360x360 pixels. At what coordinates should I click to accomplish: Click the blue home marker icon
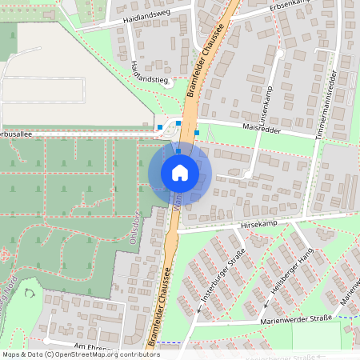coord(180,172)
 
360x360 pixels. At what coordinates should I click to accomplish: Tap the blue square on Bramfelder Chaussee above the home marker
coord(177,150)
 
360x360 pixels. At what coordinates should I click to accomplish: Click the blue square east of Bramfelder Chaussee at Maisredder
coord(197,132)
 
